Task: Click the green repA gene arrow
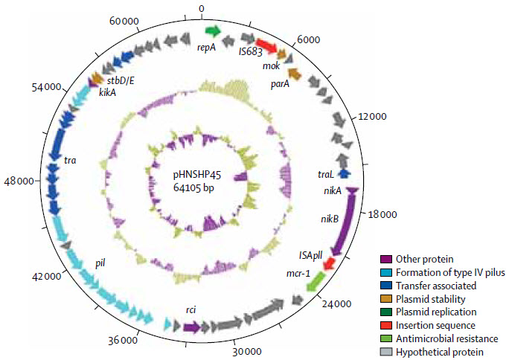214,31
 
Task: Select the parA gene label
280,84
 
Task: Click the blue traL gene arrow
345,173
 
